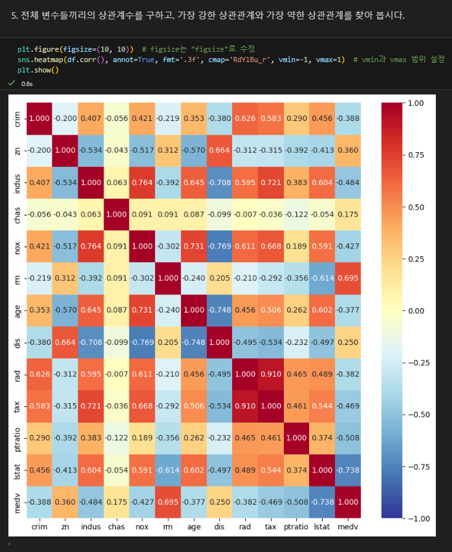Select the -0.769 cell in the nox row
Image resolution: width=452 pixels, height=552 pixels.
click(219, 247)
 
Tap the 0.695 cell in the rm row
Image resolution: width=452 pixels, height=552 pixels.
click(348, 278)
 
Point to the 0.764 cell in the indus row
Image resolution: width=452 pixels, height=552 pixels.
click(142, 182)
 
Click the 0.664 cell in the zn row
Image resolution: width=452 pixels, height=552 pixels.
click(219, 150)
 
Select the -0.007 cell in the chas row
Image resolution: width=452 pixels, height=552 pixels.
click(245, 214)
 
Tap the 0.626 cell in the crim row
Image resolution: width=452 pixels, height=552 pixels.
click(245, 118)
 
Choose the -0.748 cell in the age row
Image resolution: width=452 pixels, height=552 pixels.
click(219, 311)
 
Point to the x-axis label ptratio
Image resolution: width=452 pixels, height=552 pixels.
click(297, 527)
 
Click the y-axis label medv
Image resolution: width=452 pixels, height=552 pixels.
click(17, 502)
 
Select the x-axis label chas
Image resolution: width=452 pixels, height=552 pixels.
click(116, 527)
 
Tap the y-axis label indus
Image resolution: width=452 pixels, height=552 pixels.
click(17, 182)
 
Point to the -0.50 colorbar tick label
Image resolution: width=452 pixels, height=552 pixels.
click(419, 415)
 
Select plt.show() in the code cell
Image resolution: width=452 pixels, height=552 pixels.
click(38, 69)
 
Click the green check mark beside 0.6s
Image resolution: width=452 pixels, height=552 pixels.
click(12, 83)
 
